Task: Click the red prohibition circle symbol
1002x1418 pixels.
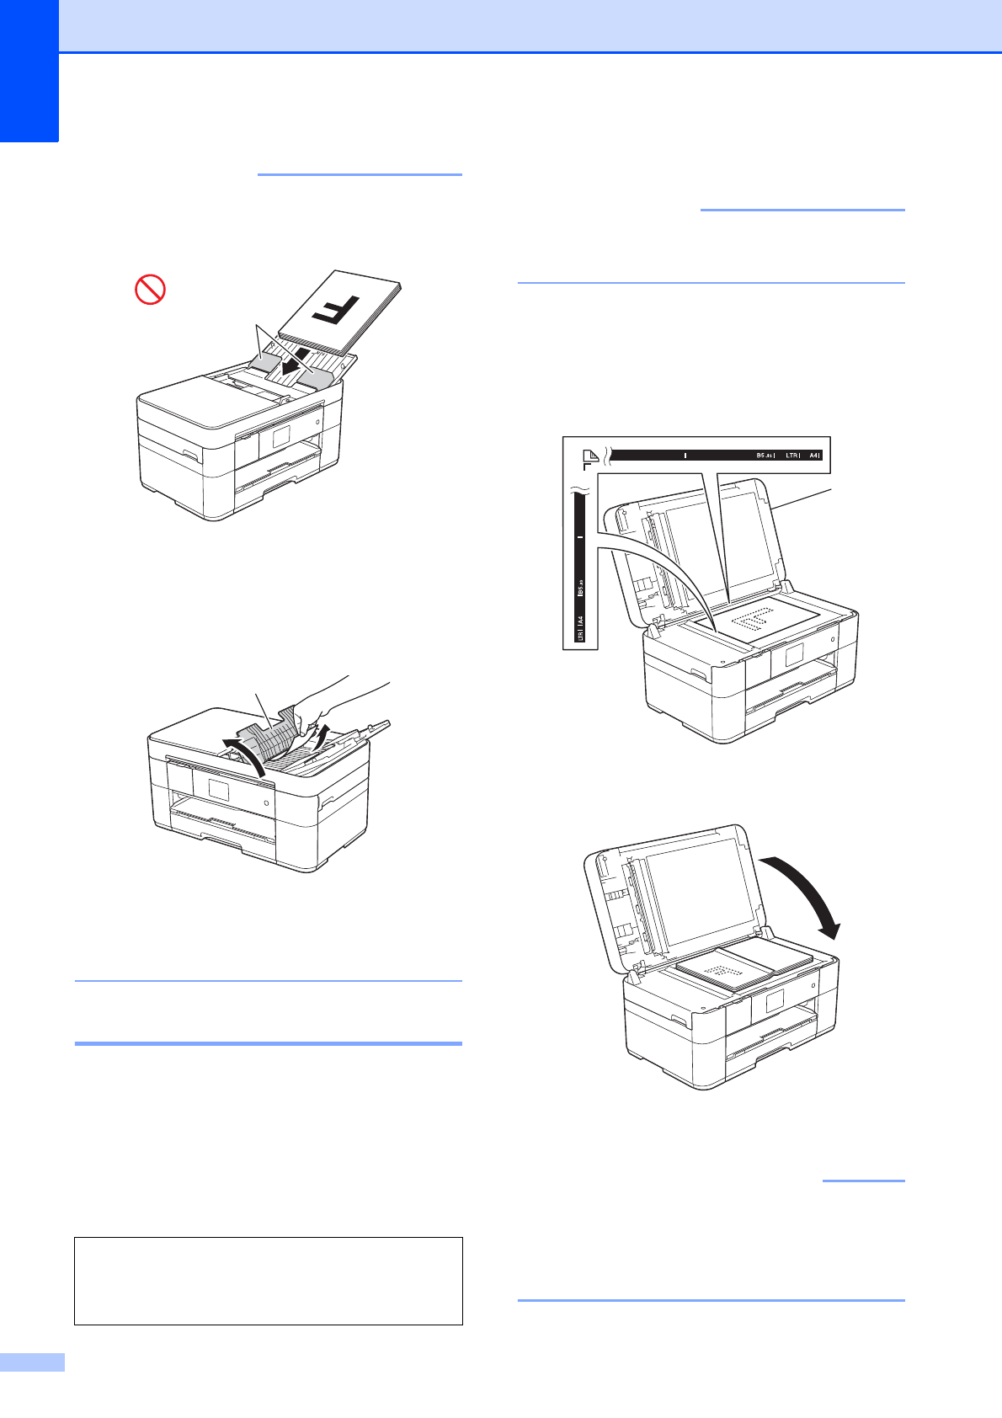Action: (x=150, y=291)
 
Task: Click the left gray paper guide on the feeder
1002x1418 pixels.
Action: (x=266, y=362)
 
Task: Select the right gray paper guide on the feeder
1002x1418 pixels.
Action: (x=314, y=381)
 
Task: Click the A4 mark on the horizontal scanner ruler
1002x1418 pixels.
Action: (x=813, y=456)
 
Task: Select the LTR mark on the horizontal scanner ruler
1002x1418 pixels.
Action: (x=791, y=456)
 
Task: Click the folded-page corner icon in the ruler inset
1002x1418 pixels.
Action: (x=591, y=457)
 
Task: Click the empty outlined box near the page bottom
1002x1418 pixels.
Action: (x=268, y=1281)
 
